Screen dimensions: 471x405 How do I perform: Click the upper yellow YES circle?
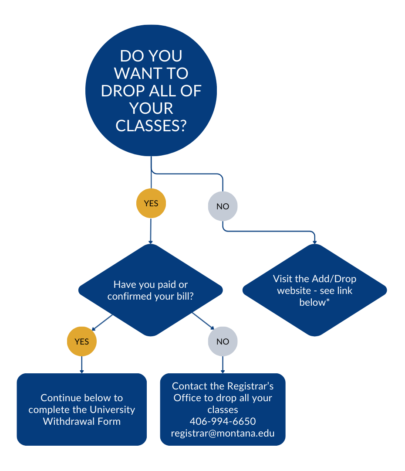pyautogui.click(x=151, y=203)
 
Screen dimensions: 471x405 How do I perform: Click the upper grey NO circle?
pyautogui.click(x=223, y=206)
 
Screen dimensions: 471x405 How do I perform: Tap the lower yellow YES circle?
pyautogui.click(x=81, y=341)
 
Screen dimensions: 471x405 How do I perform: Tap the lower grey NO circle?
pyautogui.click(x=223, y=341)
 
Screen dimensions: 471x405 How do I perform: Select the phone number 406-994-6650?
pyautogui.click(x=223, y=422)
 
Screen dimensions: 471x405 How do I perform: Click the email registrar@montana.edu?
pyautogui.click(x=223, y=433)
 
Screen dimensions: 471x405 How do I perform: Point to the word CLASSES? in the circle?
pyautogui.click(x=151, y=126)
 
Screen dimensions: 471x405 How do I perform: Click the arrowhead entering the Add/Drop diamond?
pyautogui.click(x=314, y=242)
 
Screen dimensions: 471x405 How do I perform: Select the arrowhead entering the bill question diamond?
pyautogui.click(x=151, y=242)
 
